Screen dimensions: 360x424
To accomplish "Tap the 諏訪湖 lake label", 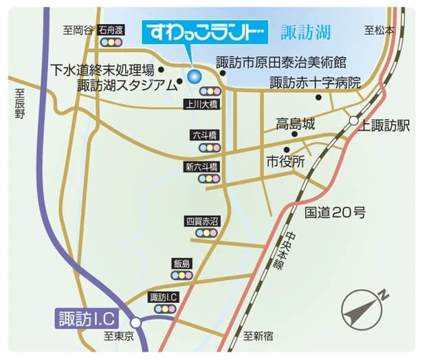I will click(306, 32).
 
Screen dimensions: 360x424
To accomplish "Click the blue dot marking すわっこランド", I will click(193, 76).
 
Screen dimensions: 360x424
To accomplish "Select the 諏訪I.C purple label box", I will click(87, 319).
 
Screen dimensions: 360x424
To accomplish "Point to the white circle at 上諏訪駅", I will click(353, 122).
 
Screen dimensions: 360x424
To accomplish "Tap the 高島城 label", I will click(295, 124).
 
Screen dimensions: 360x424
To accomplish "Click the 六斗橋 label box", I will click(205, 135).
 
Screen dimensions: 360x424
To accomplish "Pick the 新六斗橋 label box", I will click(201, 167).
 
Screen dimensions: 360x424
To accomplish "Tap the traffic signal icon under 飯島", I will click(181, 275).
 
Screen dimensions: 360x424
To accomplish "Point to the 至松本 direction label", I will click(379, 30).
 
